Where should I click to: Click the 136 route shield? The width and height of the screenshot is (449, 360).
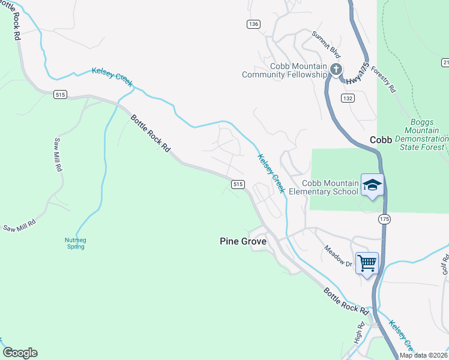click(x=253, y=24)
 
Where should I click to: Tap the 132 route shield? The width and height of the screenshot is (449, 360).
click(x=348, y=97)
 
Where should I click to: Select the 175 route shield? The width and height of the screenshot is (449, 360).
click(x=384, y=220)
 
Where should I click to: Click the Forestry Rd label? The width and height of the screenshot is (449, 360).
click(x=383, y=79)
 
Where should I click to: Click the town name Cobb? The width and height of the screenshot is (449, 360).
click(x=381, y=139)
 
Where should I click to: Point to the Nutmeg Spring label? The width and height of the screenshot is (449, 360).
click(x=76, y=243)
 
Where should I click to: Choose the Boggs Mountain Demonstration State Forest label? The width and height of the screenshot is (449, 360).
click(x=426, y=134)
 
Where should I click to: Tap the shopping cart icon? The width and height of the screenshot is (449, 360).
click(x=367, y=262)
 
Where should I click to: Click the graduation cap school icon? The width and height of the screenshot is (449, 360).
click(x=372, y=185)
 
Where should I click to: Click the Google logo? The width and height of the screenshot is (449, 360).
click(x=20, y=353)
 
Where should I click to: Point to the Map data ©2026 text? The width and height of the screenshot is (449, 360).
click(x=424, y=355)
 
